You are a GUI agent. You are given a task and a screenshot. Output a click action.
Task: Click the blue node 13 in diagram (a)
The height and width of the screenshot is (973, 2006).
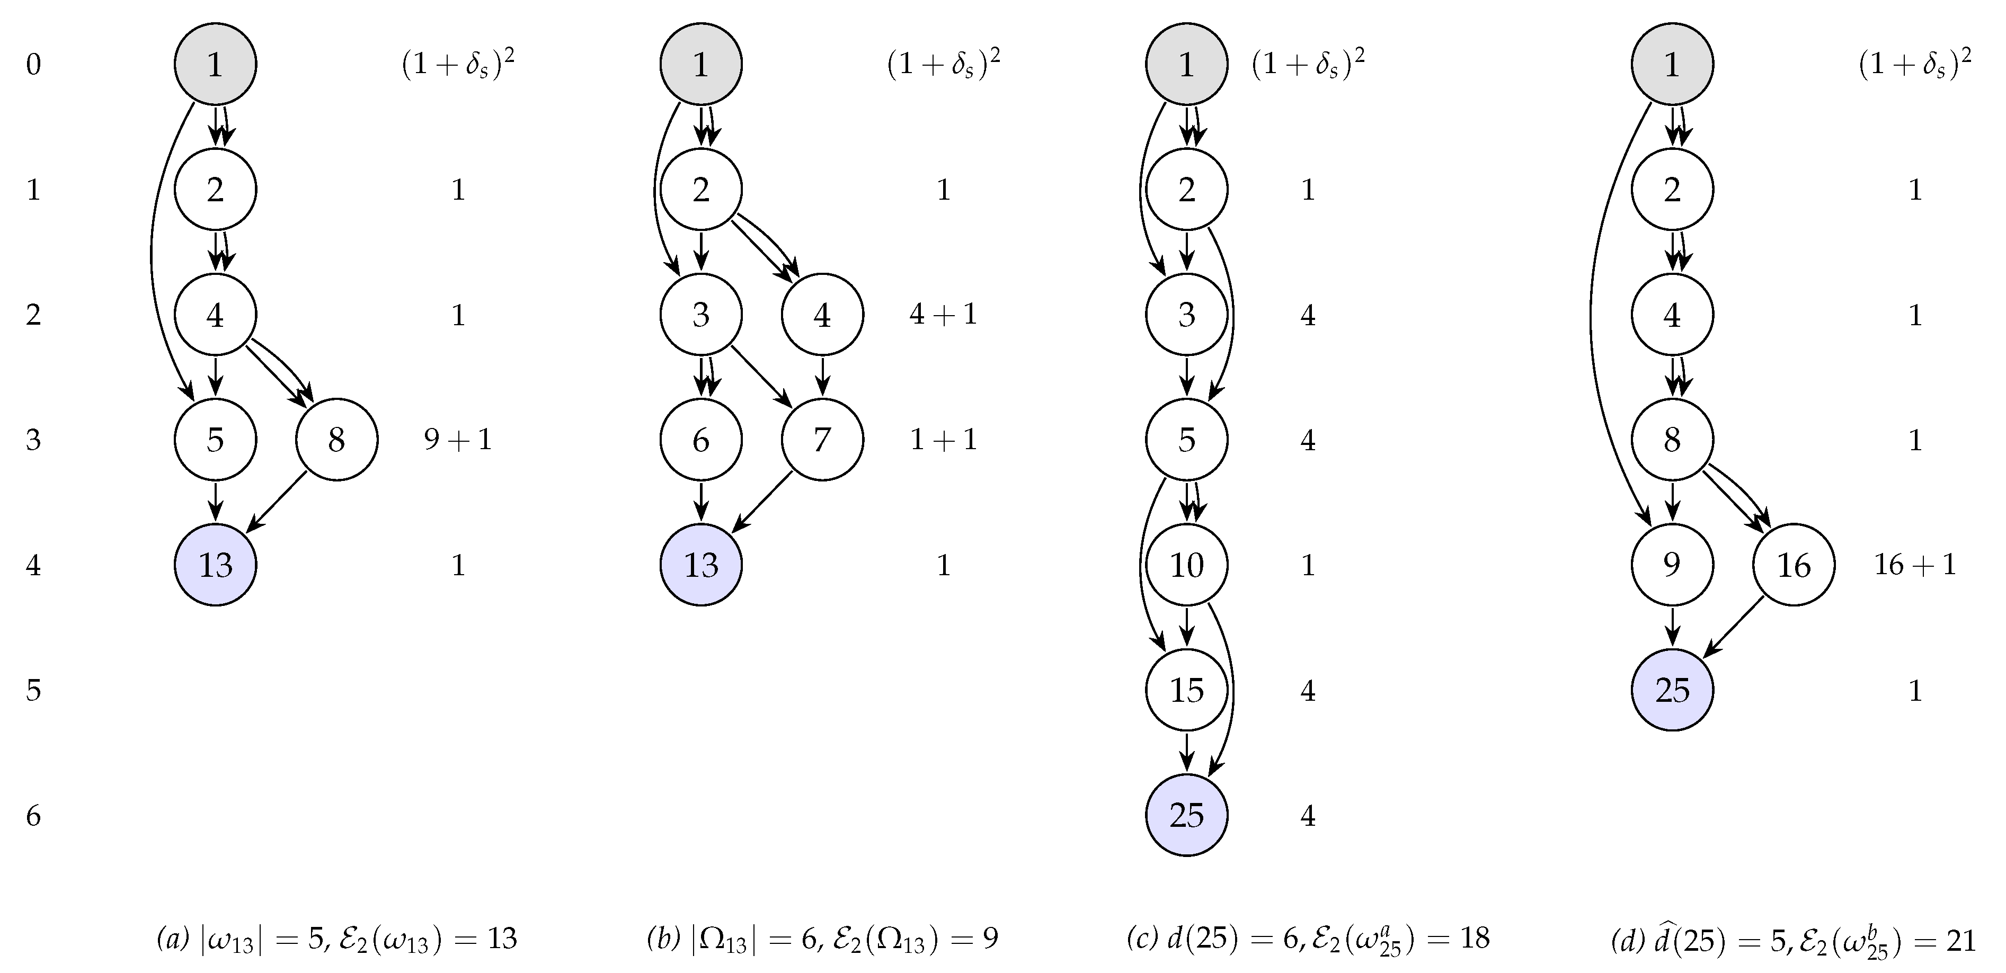coord(215,565)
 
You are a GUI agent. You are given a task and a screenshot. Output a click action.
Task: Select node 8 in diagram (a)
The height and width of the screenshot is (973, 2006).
coord(336,440)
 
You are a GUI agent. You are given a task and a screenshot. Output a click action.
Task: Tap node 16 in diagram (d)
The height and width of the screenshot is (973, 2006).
coord(1794,565)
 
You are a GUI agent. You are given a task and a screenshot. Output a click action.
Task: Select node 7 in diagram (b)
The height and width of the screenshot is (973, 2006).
coord(822,440)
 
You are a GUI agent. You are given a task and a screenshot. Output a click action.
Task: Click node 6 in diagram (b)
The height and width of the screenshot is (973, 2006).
coord(701,440)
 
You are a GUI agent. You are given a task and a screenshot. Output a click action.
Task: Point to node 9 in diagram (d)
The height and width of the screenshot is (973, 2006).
coord(1672,565)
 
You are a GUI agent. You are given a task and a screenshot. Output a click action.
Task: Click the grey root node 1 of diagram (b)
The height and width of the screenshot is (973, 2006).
coord(701,64)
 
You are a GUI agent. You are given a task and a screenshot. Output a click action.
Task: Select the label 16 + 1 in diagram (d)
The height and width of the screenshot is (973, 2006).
coord(1915,565)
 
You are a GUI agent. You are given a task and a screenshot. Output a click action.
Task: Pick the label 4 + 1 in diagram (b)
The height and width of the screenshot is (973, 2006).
coord(943,315)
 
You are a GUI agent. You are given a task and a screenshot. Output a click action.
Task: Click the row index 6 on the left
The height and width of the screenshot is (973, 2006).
coord(33,816)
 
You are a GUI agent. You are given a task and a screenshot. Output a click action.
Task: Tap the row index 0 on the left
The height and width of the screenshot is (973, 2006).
coord(33,64)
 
